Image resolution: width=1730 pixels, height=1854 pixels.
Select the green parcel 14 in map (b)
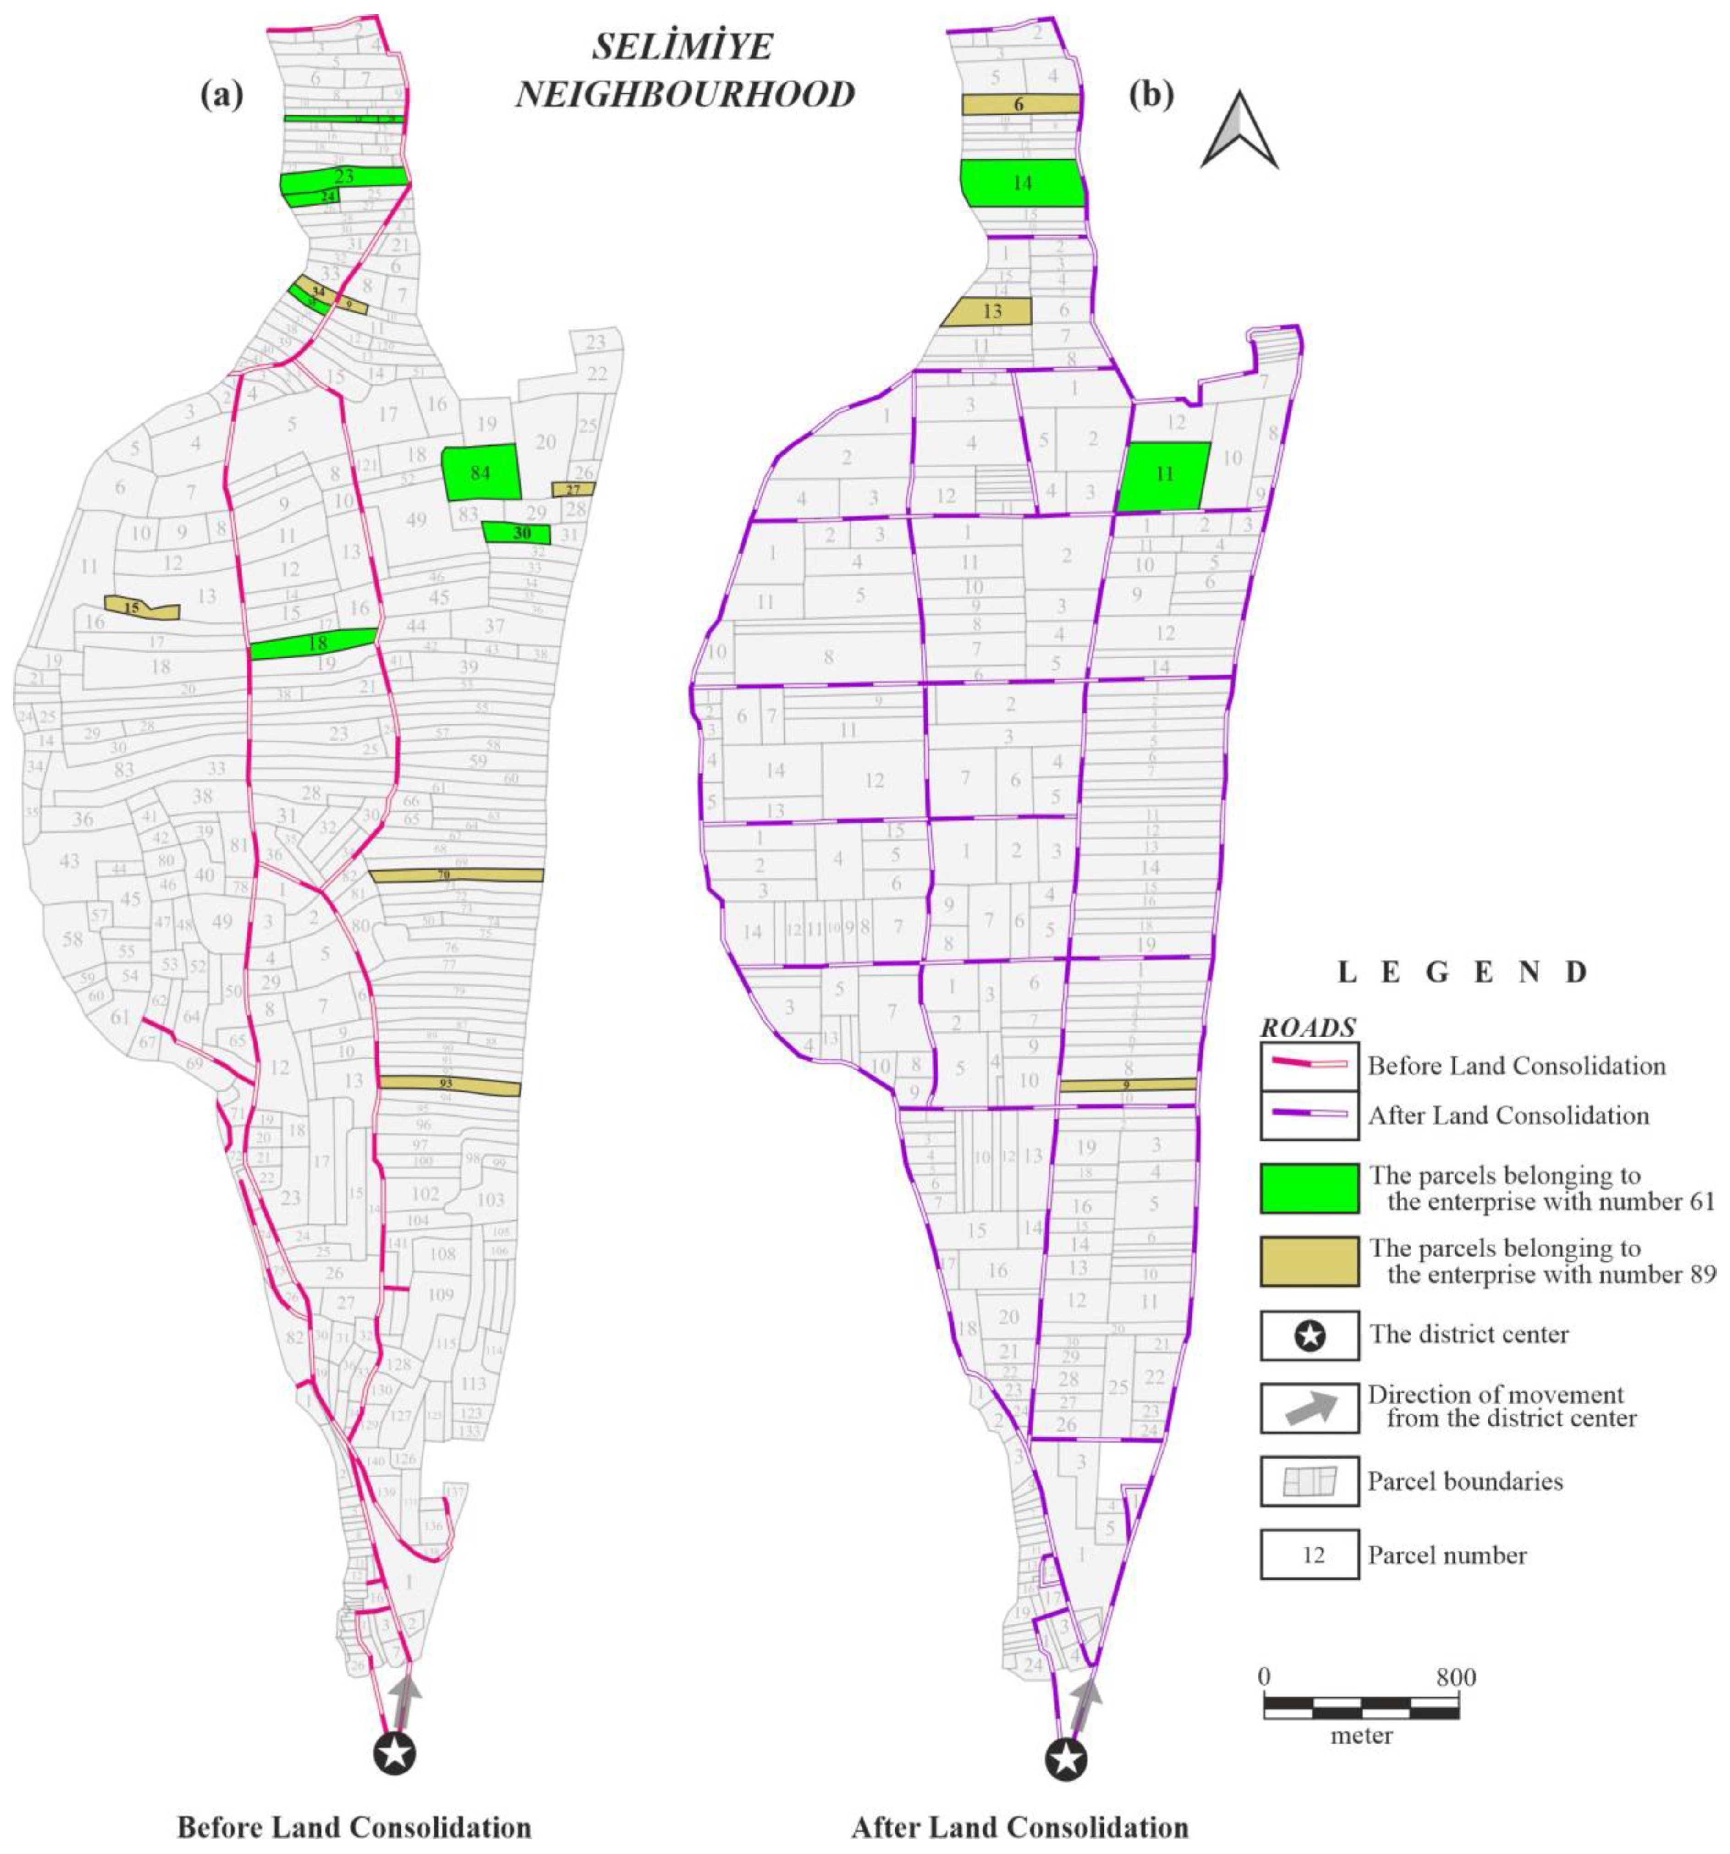point(1022,183)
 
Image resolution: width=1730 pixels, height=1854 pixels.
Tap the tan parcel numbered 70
point(457,875)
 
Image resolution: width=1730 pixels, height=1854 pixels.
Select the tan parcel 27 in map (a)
point(573,488)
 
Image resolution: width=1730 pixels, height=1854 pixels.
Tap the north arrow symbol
point(1239,131)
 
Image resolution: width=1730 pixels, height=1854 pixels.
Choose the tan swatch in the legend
point(1308,1261)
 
